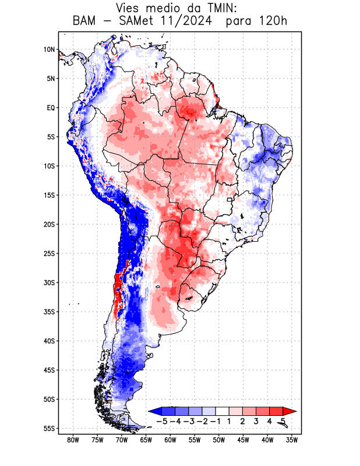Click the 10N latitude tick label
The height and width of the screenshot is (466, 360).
pos(49,50)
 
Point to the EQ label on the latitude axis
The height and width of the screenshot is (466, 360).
pos(51,108)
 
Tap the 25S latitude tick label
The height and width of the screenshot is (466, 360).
pos(49,253)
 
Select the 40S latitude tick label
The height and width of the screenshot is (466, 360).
pos(49,341)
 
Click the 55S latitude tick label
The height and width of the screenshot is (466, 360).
pos(49,428)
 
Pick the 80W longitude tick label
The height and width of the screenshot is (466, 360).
pos(73,440)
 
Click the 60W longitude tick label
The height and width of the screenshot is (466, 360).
pos(171,440)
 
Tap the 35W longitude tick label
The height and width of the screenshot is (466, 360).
pos(292,440)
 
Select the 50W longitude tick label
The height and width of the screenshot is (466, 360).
pos(219,440)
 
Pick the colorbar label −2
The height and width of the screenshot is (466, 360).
pos(202,421)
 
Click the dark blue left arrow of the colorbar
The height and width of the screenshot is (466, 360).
pos(154,411)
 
